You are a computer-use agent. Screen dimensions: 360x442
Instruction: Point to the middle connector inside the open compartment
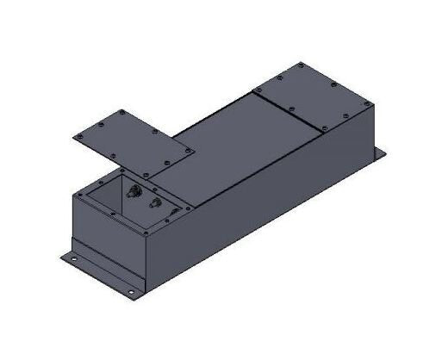click(154, 203)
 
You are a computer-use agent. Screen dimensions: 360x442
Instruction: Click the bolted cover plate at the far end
click(314, 96)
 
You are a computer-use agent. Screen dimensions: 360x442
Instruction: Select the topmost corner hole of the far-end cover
click(301, 65)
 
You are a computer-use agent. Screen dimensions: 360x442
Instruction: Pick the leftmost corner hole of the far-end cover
click(256, 89)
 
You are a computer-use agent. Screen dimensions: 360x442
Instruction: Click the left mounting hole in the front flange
click(73, 256)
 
